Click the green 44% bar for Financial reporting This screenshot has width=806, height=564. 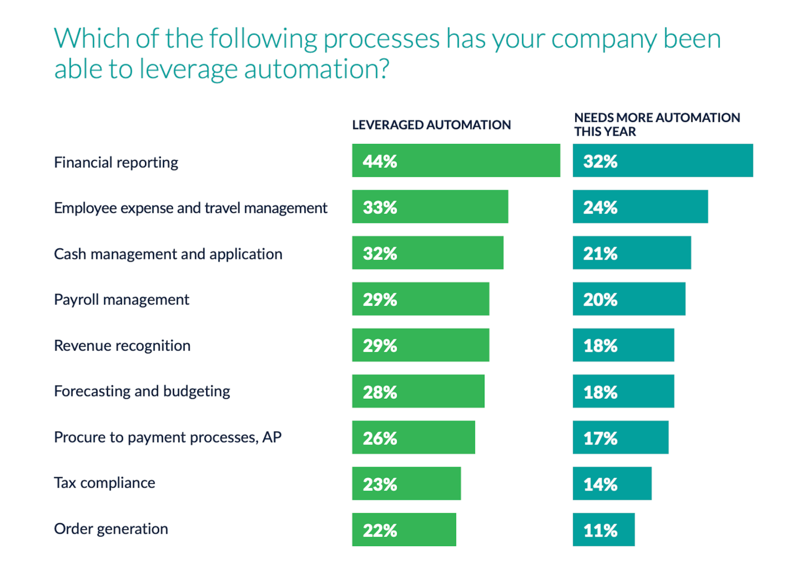pyautogui.click(x=456, y=161)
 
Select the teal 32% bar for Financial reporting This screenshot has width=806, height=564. pyautogui.click(x=663, y=161)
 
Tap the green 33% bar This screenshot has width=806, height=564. pyautogui.click(x=430, y=207)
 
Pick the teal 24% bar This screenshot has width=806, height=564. pyautogui.click(x=640, y=207)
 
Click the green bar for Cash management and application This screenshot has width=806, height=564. pyautogui.click(x=427, y=253)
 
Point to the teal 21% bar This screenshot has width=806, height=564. pyautogui.click(x=632, y=253)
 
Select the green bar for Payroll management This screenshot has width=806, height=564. pyautogui.click(x=420, y=299)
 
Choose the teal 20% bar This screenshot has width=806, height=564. pyautogui.click(x=629, y=299)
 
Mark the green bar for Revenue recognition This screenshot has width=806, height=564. pyautogui.click(x=420, y=345)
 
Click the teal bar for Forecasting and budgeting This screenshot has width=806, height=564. pyautogui.click(x=623, y=391)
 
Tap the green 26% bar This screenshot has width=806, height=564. pyautogui.click(x=413, y=437)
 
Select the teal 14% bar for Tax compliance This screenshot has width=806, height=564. pyautogui.click(x=612, y=483)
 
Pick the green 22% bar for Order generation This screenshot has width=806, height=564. pyautogui.click(x=404, y=529)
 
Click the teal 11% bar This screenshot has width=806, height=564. pyautogui.click(x=604, y=529)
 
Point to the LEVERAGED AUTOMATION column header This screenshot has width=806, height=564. pyautogui.click(x=431, y=125)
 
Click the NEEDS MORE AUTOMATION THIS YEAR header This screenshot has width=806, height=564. pyautogui.click(x=656, y=124)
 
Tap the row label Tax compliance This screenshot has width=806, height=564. pyautogui.click(x=105, y=483)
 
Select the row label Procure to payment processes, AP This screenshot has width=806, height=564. pyautogui.click(x=167, y=437)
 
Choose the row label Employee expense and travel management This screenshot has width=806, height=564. pyautogui.click(x=190, y=208)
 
